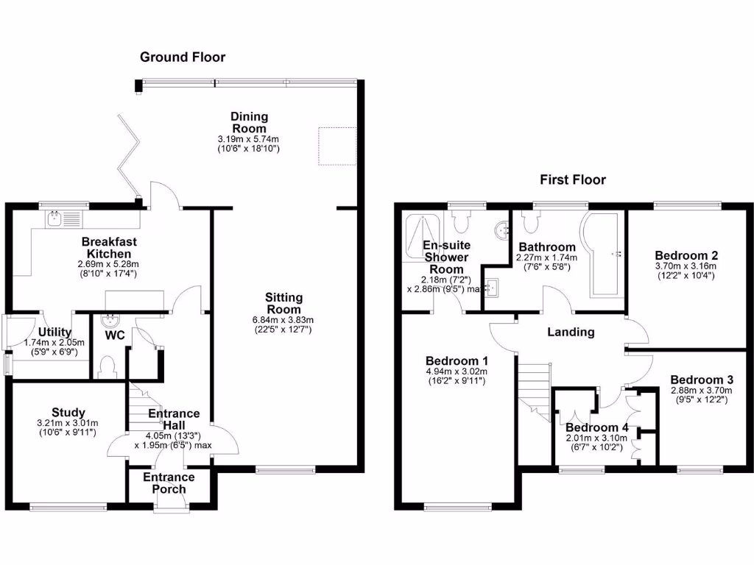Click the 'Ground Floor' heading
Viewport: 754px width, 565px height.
tap(183, 57)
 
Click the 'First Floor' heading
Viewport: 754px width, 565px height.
tap(572, 180)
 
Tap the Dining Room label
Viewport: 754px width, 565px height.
tap(249, 123)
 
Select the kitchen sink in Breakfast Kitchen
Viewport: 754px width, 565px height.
tap(54, 218)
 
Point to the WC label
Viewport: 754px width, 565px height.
tap(114, 335)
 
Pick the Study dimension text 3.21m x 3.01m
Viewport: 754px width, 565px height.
tap(68, 422)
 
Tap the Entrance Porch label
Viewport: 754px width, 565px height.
tap(169, 483)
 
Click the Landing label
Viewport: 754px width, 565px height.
tap(571, 332)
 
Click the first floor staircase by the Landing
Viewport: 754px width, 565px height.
tap(535, 390)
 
